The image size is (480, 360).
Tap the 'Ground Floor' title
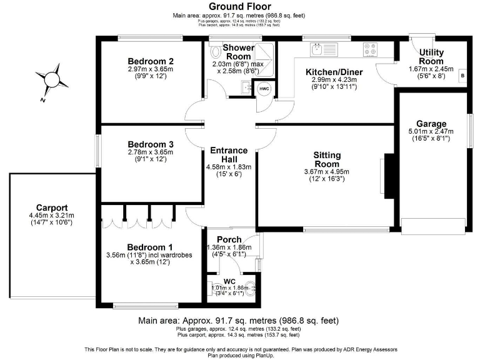tap(239, 6)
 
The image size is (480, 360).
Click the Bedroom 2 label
tap(150, 61)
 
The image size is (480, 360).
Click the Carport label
tap(52, 208)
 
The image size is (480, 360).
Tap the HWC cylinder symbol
tap(264, 89)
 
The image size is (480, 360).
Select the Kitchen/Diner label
tap(334, 72)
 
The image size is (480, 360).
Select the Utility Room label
tap(431, 56)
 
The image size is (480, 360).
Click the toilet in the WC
tap(251, 289)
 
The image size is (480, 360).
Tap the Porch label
tap(229, 239)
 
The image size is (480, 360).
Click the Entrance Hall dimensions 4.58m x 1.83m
tap(229, 167)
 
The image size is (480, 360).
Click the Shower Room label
tap(239, 52)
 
